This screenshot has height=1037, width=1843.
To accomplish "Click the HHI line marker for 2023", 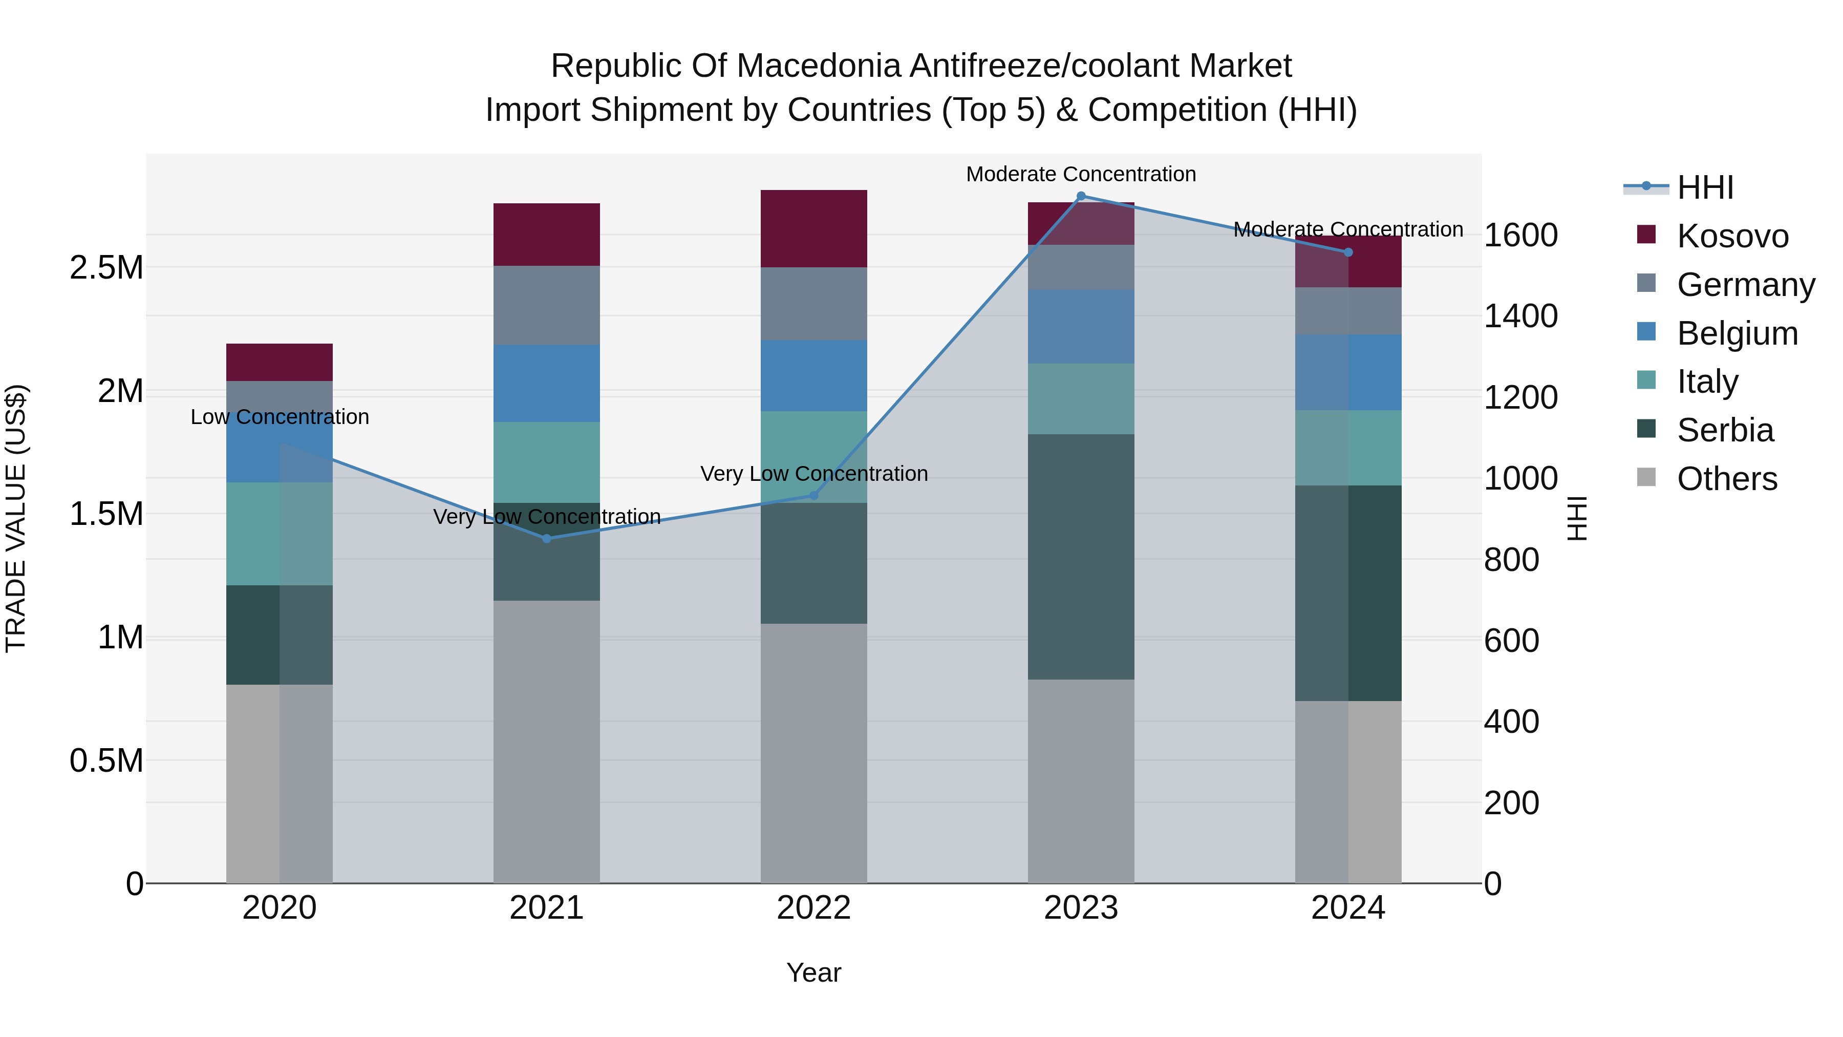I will click(1081, 196).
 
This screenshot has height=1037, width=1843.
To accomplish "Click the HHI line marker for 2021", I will click(547, 538).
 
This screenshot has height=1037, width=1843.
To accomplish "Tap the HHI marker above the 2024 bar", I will click(1348, 252).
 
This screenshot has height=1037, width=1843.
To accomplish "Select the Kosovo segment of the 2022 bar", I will click(813, 228).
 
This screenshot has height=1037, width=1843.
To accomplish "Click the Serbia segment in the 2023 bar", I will click(1081, 556).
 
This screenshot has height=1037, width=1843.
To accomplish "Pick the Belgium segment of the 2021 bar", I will click(547, 383).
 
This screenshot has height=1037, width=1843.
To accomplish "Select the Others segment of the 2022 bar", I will click(813, 752).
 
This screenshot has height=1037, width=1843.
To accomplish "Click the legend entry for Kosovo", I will click(1731, 236).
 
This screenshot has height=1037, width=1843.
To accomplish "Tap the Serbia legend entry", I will click(1724, 430).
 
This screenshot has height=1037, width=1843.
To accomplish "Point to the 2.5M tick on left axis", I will click(106, 268).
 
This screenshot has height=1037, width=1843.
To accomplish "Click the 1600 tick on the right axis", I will click(1520, 235).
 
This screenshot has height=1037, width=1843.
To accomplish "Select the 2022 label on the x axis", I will click(813, 907).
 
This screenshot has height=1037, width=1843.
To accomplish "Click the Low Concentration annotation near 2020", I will click(279, 416).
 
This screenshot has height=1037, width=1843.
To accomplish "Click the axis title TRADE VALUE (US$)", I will click(16, 518).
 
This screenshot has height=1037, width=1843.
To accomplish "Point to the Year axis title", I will click(813, 972).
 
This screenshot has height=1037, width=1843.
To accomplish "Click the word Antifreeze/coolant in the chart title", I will click(1044, 66).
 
